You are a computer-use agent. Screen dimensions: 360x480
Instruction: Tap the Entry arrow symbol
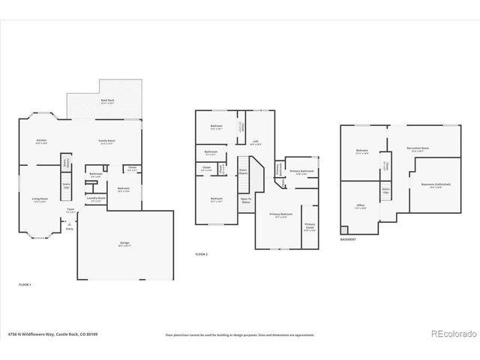click(69, 223)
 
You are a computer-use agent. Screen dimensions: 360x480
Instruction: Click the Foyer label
click(70, 210)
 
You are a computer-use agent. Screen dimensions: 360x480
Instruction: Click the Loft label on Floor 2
click(256, 141)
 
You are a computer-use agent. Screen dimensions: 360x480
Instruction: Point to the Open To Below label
click(246, 199)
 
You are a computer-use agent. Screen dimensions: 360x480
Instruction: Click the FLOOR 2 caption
click(202, 255)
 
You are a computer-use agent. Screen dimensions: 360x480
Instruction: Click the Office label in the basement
click(360, 205)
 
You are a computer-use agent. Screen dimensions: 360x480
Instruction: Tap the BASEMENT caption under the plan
click(348, 240)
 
